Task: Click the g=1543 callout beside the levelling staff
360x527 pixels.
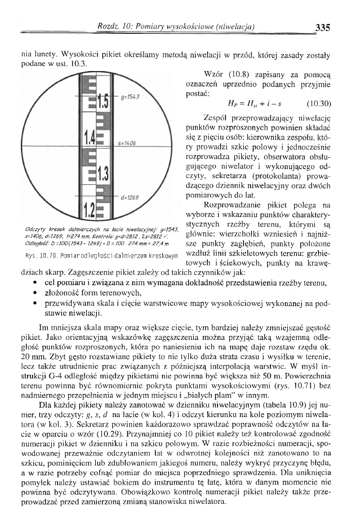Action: [130, 98]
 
